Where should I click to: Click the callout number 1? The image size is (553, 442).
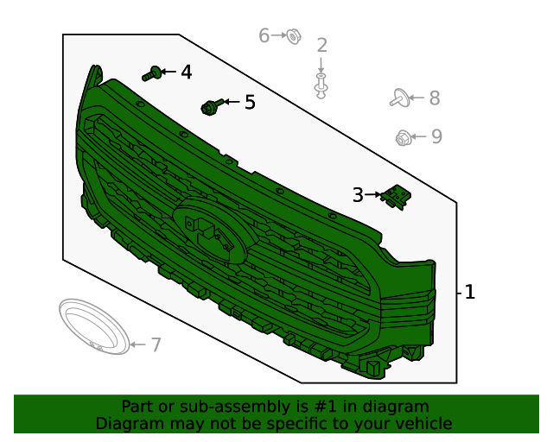tap(470, 292)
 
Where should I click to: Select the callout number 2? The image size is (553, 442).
tap(321, 45)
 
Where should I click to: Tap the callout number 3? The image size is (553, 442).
tap(358, 195)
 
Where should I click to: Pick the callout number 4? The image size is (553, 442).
tap(187, 72)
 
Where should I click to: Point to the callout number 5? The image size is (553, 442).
tap(250, 102)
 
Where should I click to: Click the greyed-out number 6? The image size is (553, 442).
tap(264, 35)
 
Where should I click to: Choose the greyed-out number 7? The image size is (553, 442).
tap(156, 344)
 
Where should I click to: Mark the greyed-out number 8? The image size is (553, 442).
tap(435, 98)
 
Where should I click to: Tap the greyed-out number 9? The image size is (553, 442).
tap(436, 136)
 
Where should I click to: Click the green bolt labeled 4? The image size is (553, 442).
tap(152, 73)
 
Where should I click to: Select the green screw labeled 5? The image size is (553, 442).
tap(212, 106)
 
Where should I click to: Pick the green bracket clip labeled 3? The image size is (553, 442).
tap(396, 197)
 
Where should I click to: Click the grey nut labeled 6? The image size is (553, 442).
tap(293, 36)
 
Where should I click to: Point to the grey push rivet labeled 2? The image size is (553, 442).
tap(321, 85)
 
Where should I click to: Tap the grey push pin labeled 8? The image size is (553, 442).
tap(400, 98)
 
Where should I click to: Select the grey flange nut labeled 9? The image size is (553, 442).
tap(403, 138)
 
